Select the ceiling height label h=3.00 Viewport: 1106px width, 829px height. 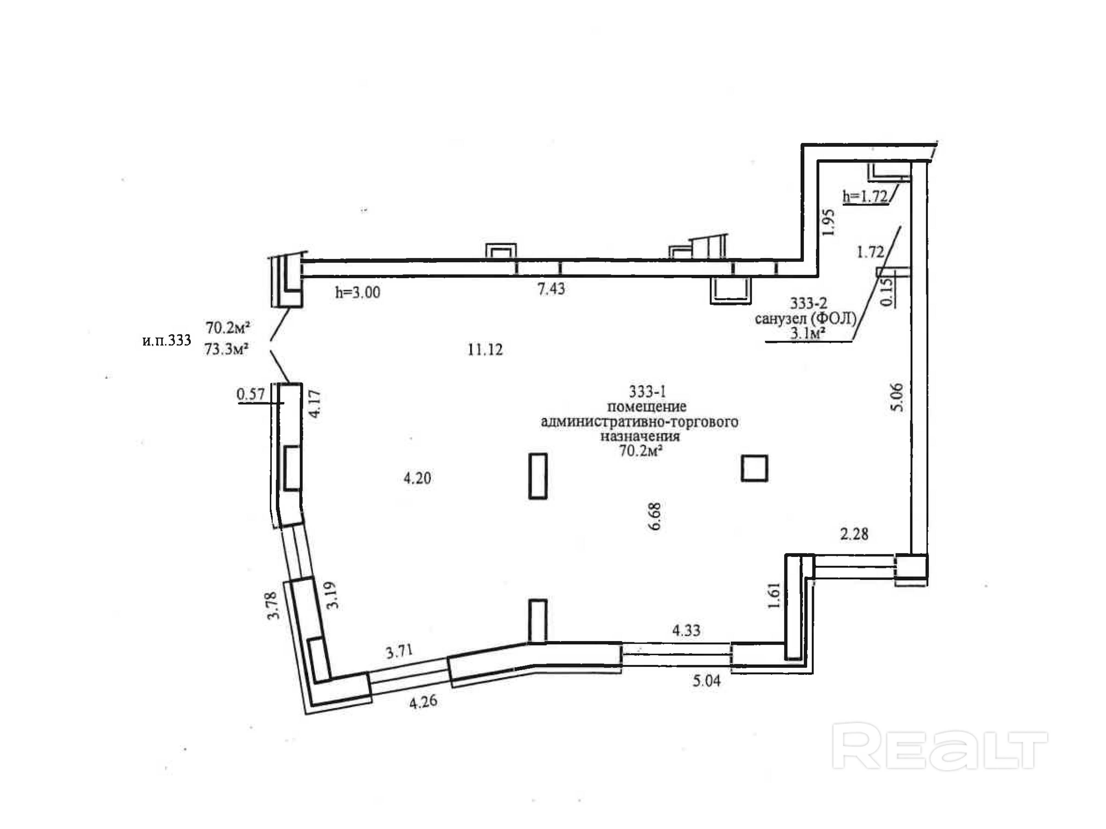357,292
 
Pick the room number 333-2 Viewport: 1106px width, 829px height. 808,303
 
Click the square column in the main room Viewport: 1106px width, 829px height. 754,468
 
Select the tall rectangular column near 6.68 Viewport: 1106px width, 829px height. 538,476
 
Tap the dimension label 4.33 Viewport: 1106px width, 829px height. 686,631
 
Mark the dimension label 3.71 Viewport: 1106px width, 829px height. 399,652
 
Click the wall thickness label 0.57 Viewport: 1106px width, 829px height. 250,394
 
